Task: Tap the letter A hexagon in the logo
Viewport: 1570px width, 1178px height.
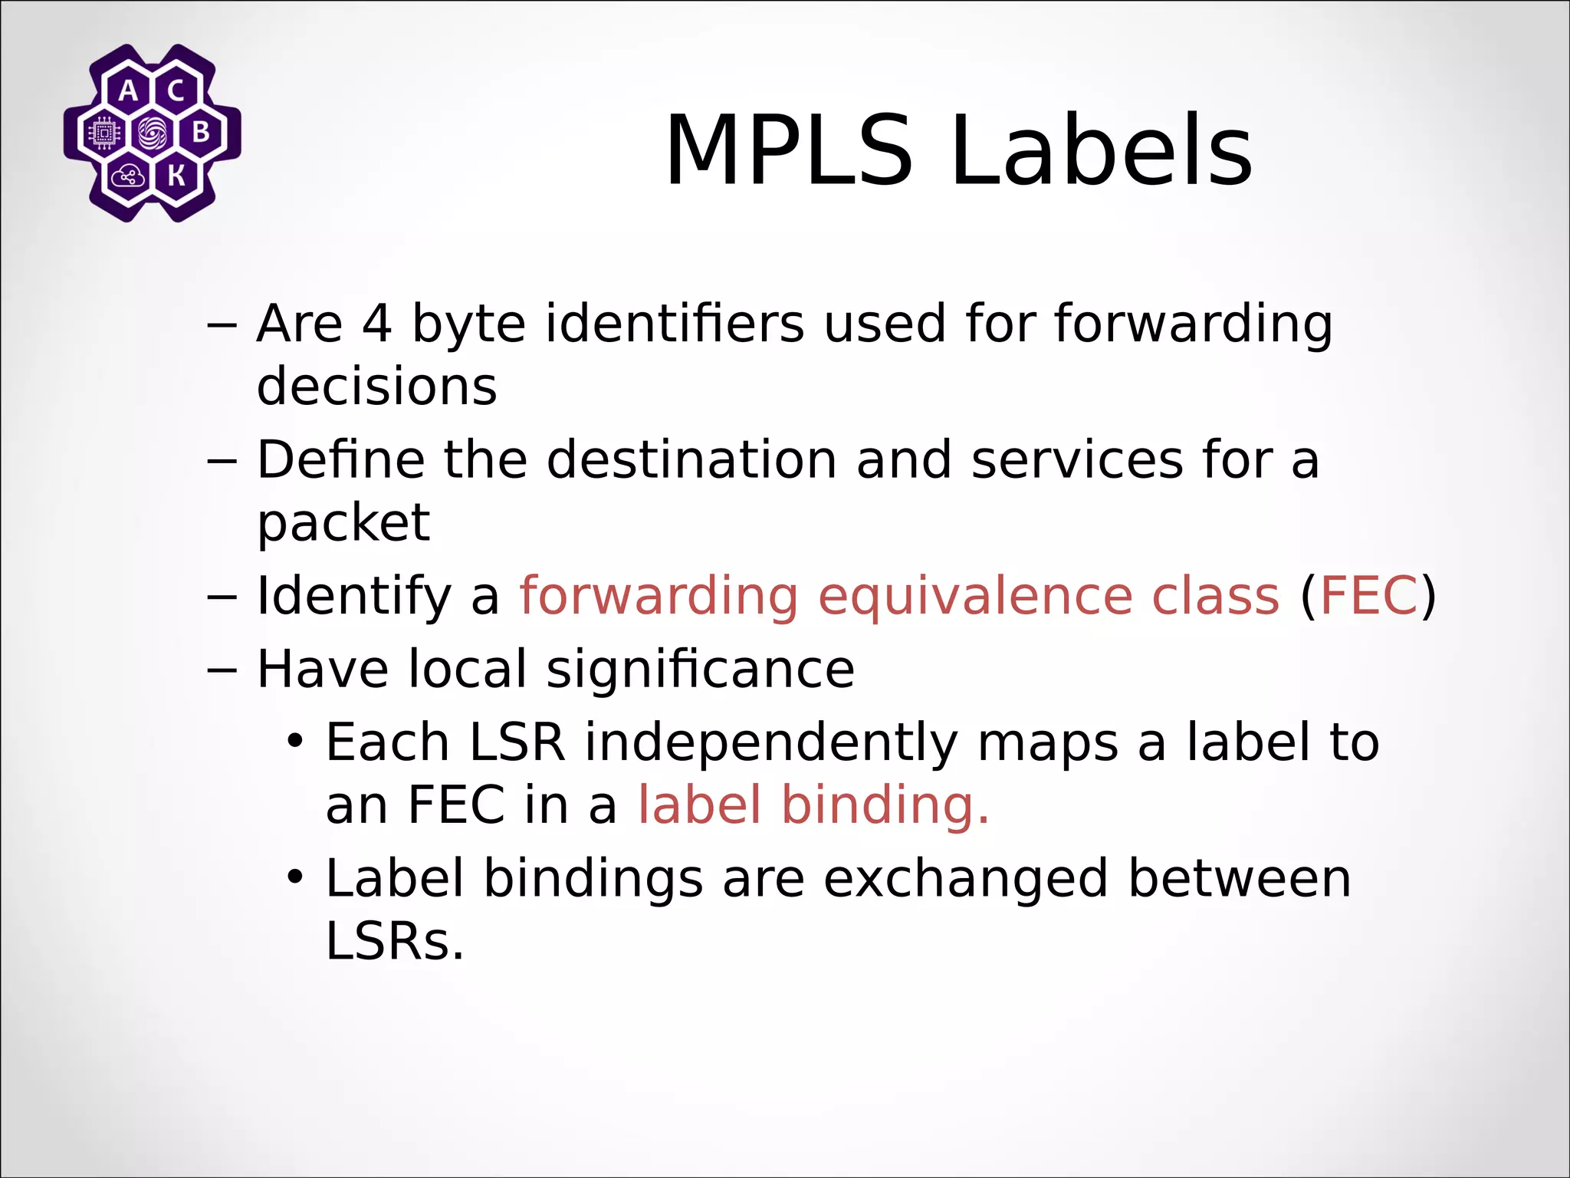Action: coord(129,91)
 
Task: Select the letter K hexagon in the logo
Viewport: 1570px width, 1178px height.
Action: coord(176,176)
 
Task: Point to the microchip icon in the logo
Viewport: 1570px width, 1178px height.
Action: coord(104,133)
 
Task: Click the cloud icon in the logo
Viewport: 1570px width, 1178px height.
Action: coord(127,177)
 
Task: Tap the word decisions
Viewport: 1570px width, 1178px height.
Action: coord(376,386)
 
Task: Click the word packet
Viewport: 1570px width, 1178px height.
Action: coord(343,523)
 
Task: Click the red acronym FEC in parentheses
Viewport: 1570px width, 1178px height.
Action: coord(1368,596)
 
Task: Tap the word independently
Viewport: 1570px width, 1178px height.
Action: coord(771,742)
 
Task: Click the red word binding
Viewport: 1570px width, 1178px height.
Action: coord(885,805)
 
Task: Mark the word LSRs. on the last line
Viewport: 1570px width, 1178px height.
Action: coord(395,941)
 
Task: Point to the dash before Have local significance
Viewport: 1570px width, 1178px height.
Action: coord(222,669)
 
